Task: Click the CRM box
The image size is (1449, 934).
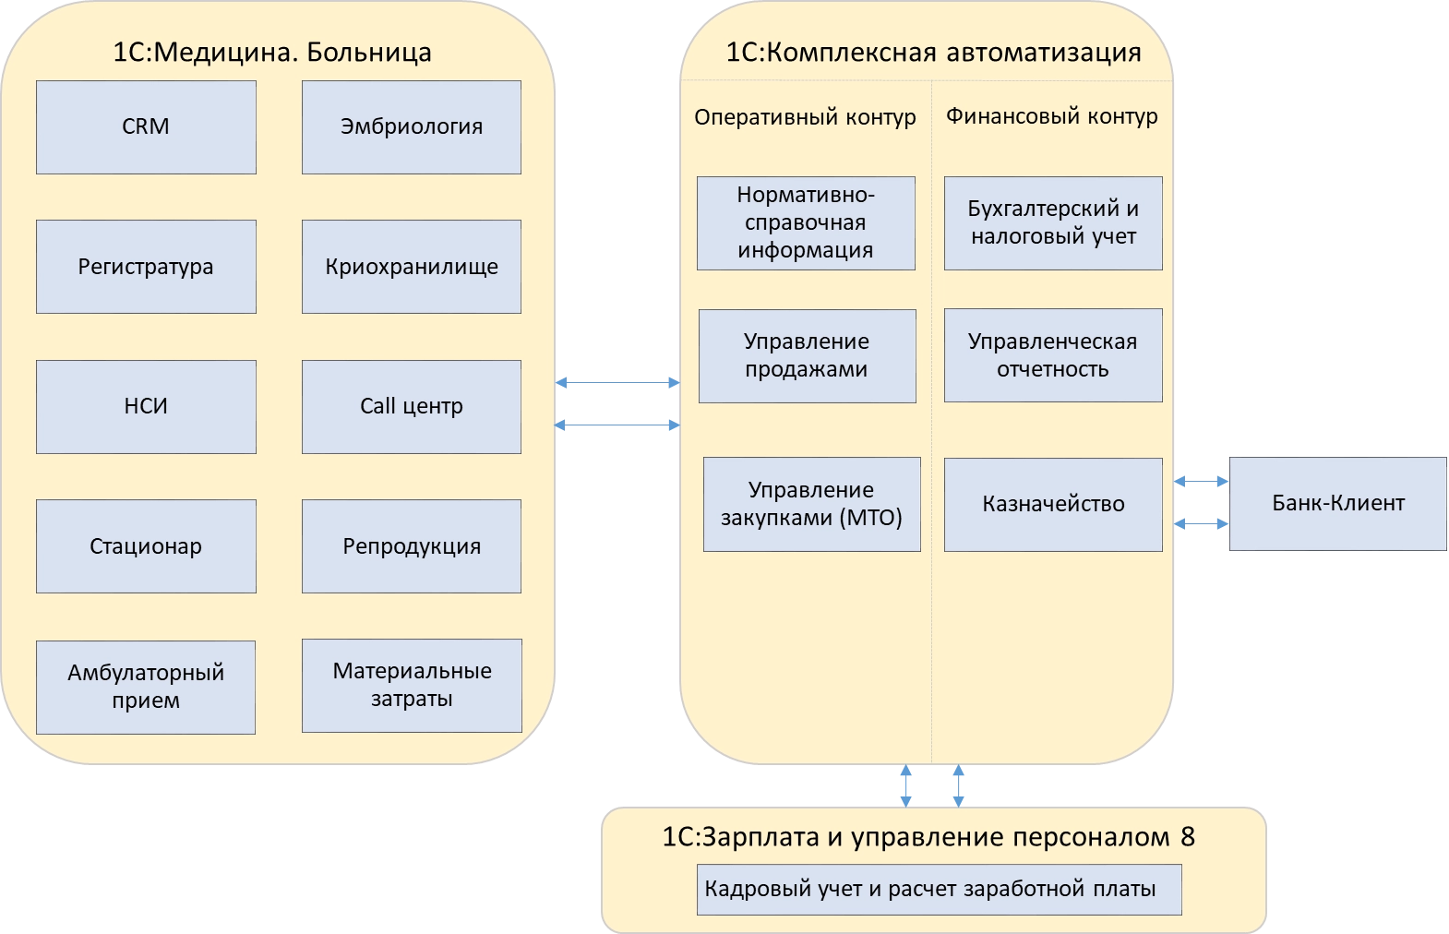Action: [146, 127]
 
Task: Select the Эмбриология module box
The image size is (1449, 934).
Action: [412, 127]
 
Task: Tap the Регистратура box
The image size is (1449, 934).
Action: [146, 267]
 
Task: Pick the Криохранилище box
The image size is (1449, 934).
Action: [412, 267]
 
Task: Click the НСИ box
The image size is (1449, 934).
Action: [146, 406]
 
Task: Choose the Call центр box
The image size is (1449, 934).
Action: [412, 406]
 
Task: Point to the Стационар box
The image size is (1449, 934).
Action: [146, 546]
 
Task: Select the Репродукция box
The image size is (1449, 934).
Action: [412, 546]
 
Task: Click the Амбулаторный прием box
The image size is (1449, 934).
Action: [146, 687]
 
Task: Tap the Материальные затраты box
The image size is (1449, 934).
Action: [412, 685]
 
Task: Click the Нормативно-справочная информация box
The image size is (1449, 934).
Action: [806, 223]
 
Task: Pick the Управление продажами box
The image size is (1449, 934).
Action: [807, 355]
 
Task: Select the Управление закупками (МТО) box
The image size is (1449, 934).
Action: [811, 504]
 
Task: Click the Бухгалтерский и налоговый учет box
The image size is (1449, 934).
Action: [1053, 223]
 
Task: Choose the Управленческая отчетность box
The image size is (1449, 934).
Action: [1053, 355]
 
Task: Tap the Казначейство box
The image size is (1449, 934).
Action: [1053, 504]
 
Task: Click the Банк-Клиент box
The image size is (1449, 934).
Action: [1337, 503]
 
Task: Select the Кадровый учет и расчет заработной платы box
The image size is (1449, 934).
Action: [939, 889]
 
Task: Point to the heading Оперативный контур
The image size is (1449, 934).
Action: [805, 117]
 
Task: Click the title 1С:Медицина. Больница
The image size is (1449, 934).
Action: [271, 52]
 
